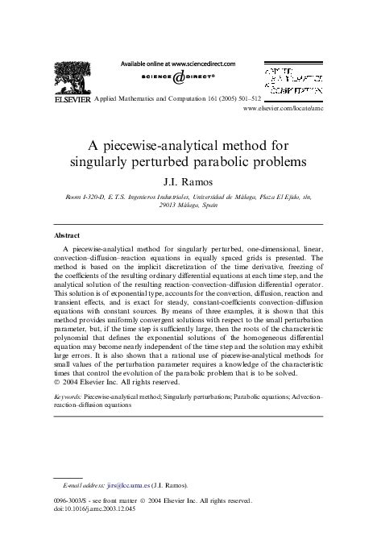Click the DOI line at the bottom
point(93,532)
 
